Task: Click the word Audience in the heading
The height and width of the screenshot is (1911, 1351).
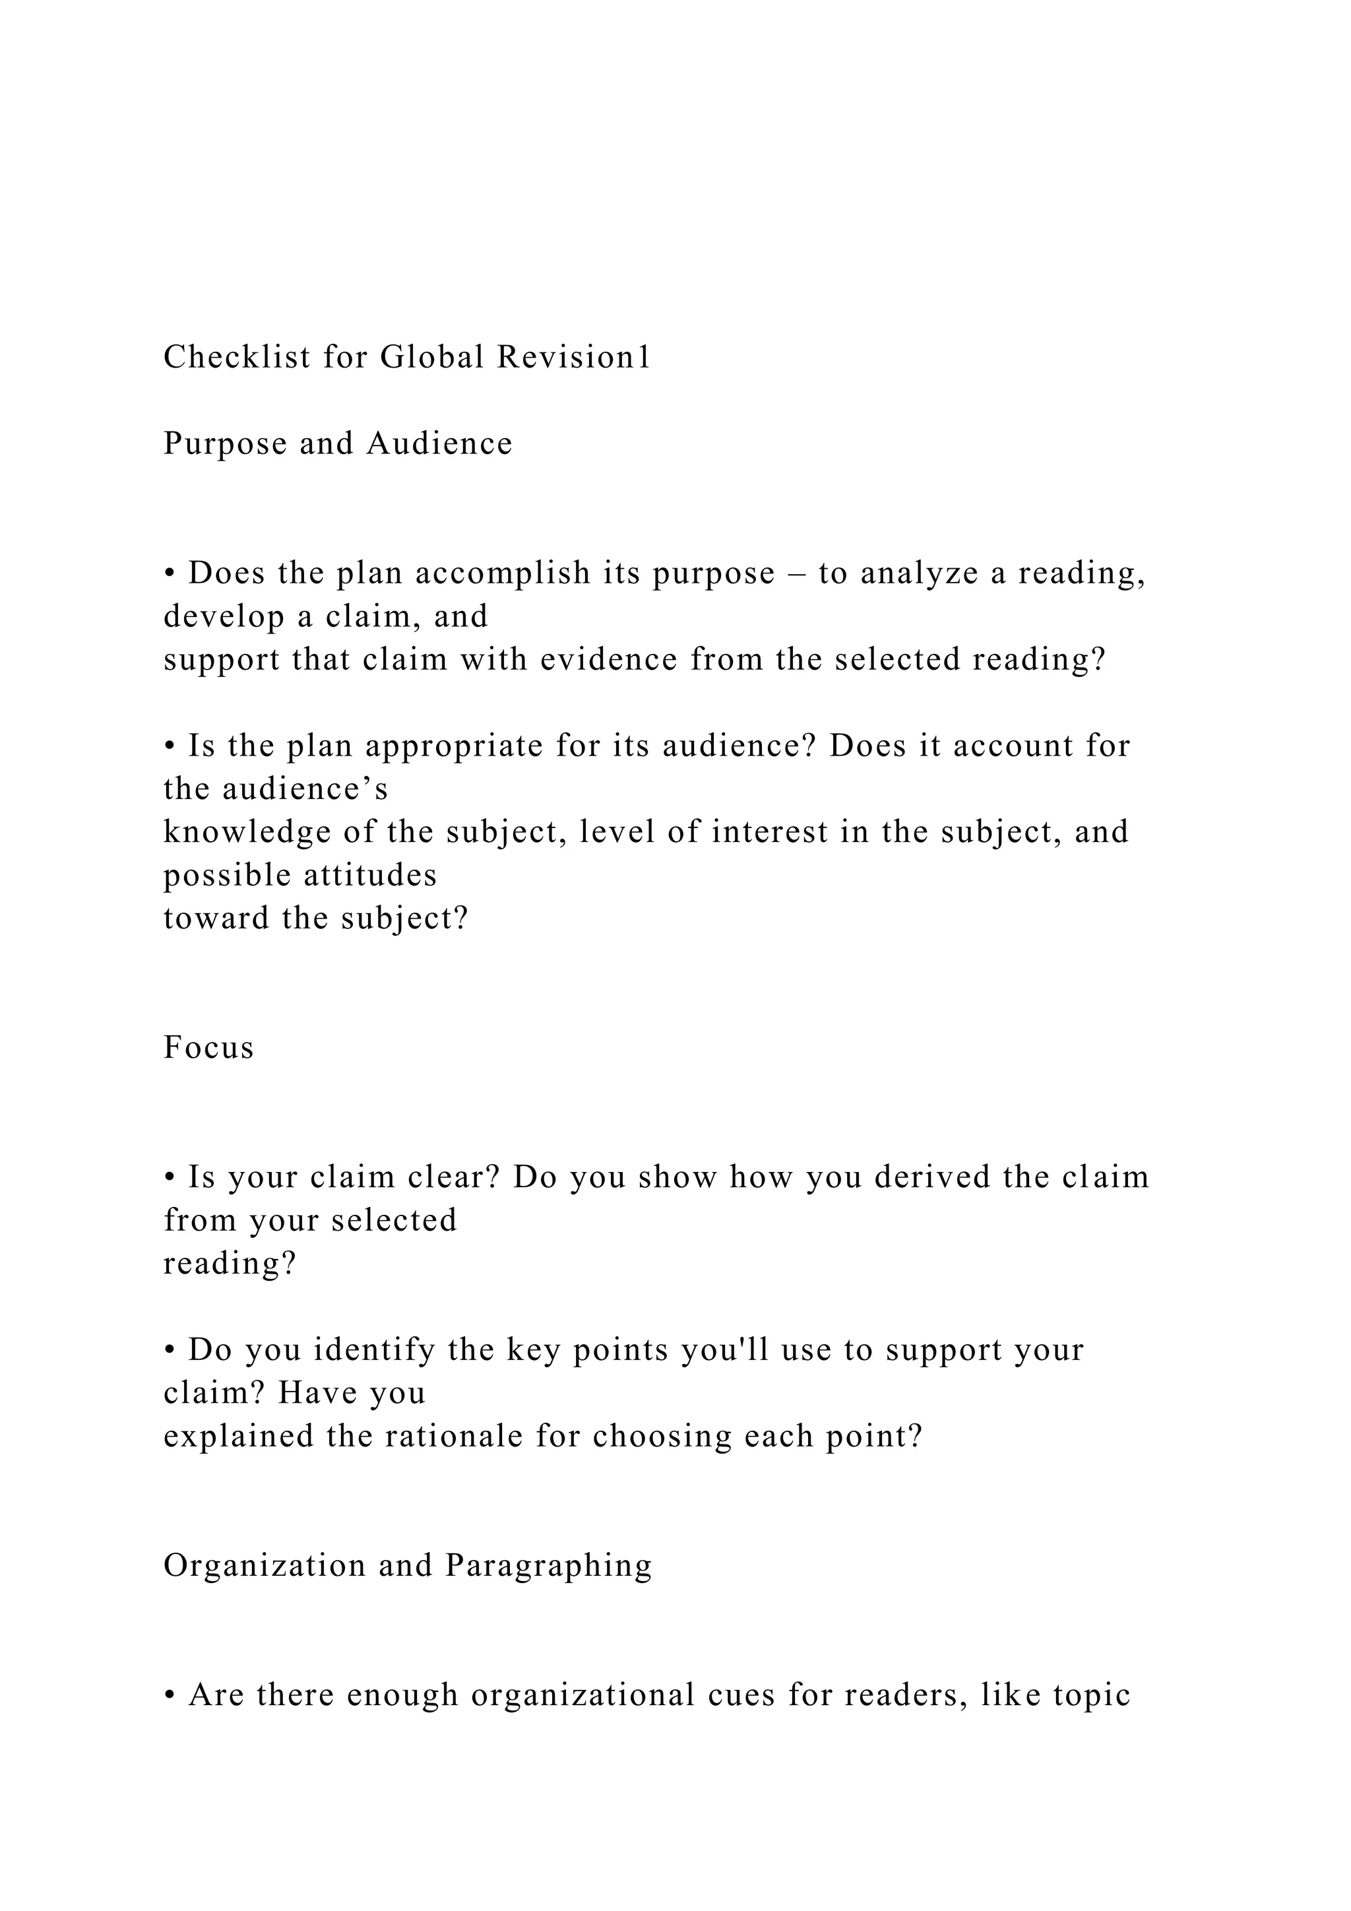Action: (x=439, y=443)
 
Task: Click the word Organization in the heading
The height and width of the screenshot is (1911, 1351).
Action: (x=265, y=1566)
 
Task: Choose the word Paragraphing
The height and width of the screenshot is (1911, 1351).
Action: (x=548, y=1566)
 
